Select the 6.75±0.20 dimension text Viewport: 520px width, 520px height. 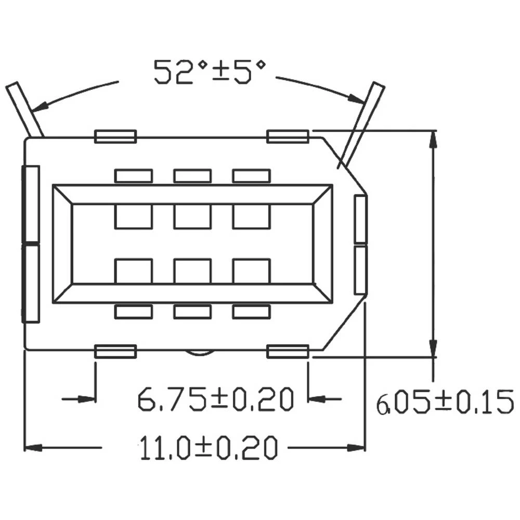(x=216, y=399)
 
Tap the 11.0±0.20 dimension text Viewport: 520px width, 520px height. (x=208, y=448)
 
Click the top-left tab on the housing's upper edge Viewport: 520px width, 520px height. (x=115, y=137)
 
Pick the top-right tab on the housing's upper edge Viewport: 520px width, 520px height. (x=288, y=137)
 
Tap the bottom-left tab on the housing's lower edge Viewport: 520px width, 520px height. (x=115, y=352)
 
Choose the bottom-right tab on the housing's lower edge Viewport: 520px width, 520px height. (x=288, y=352)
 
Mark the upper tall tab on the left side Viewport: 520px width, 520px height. (x=31, y=204)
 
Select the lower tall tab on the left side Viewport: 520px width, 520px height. (x=31, y=283)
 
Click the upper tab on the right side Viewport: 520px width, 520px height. (x=360, y=219)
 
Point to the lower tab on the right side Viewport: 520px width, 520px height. (x=360, y=270)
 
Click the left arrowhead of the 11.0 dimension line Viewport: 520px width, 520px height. (x=33, y=447)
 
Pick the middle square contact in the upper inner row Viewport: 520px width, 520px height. (x=192, y=216)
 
